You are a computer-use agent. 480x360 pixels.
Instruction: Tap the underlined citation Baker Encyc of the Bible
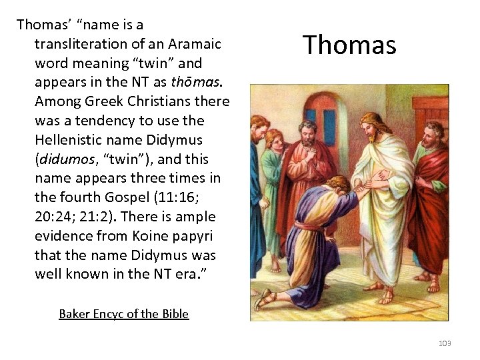(x=123, y=313)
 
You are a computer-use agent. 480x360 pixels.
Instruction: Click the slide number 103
(x=445, y=343)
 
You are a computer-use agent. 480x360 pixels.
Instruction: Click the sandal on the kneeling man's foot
(x=265, y=299)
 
